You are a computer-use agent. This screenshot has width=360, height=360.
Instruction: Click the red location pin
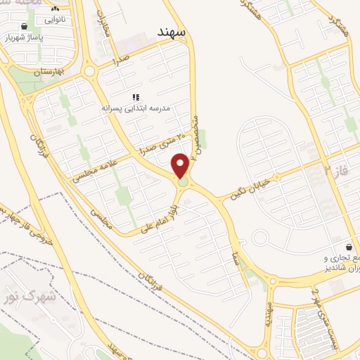click(181, 166)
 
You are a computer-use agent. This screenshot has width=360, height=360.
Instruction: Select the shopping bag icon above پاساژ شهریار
click(26, 26)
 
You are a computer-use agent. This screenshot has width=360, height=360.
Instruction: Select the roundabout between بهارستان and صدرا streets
click(89, 70)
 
